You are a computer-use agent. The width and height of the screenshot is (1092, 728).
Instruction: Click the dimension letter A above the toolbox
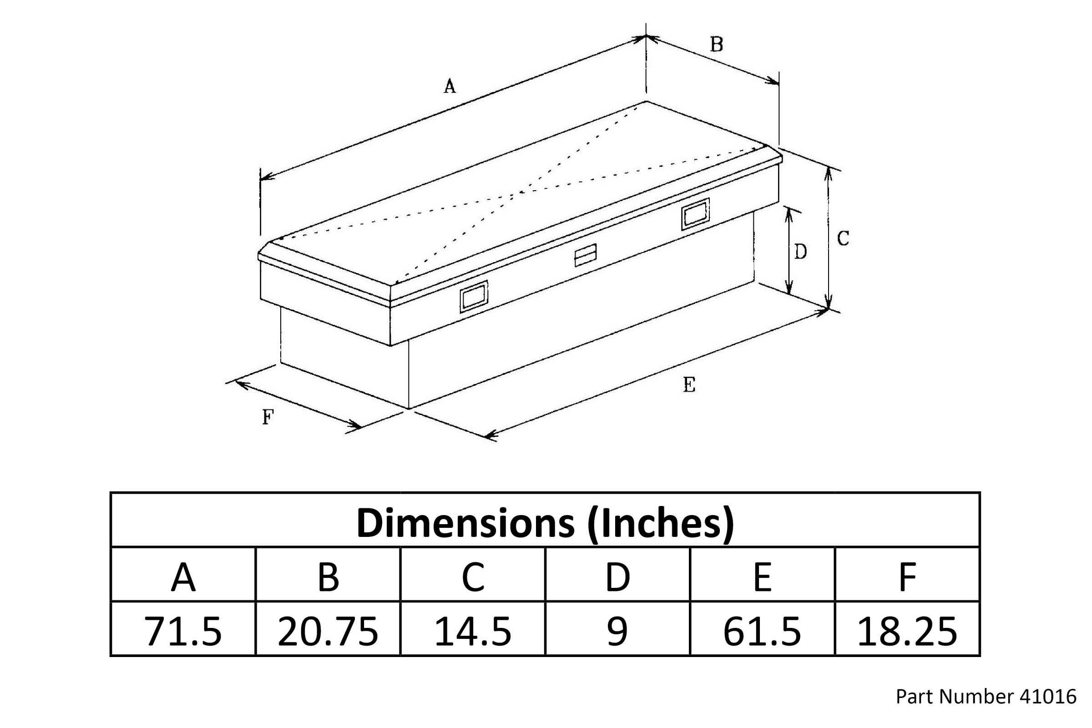(x=450, y=86)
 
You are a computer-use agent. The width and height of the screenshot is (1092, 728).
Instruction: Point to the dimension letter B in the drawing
(x=716, y=45)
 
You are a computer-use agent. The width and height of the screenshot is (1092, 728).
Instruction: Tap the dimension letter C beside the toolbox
(x=843, y=238)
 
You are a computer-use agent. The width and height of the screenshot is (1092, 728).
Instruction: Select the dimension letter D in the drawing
(x=800, y=252)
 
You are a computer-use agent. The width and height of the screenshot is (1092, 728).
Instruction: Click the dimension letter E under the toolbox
(x=689, y=384)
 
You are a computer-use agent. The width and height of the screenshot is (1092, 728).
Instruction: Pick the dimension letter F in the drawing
(x=268, y=417)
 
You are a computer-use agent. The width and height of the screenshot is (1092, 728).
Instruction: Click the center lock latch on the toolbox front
(x=586, y=255)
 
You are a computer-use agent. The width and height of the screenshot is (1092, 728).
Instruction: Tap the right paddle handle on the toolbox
(x=696, y=214)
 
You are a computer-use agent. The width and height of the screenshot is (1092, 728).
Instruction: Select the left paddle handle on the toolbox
(x=474, y=297)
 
